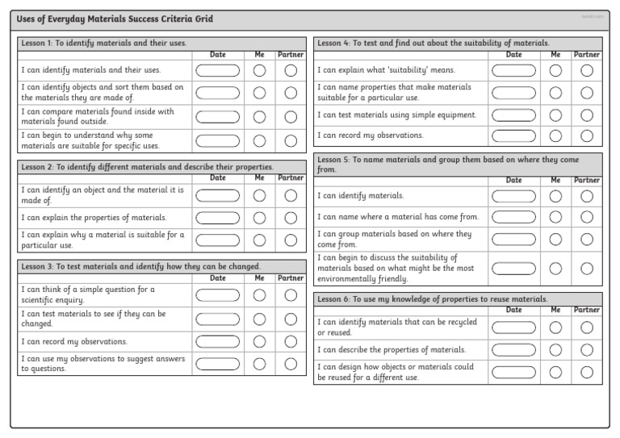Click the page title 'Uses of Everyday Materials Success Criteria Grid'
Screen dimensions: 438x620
pyautogui.click(x=115, y=19)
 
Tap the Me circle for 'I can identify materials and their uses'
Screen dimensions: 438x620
pyautogui.click(x=259, y=70)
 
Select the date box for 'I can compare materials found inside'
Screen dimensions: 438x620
pyautogui.click(x=218, y=117)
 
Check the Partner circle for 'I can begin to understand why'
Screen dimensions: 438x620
pyautogui.click(x=291, y=141)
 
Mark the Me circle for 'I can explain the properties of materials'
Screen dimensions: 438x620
pyautogui.click(x=259, y=218)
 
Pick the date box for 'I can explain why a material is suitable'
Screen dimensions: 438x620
pyautogui.click(x=218, y=240)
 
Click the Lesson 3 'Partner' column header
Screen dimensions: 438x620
pyautogui.click(x=291, y=278)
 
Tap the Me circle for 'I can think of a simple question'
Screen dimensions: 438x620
pyautogui.click(x=259, y=294)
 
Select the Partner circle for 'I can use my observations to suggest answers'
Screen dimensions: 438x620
pyautogui.click(x=291, y=364)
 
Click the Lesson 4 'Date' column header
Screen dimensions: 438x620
pyautogui.click(x=513, y=55)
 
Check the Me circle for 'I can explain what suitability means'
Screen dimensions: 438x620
pyautogui.click(x=555, y=70)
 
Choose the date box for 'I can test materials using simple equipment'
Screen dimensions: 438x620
pyautogui.click(x=513, y=115)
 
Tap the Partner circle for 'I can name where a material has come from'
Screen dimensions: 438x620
pyautogui.click(x=587, y=216)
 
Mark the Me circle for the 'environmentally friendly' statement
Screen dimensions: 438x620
pyautogui.click(x=555, y=269)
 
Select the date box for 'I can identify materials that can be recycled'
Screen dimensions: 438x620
pyautogui.click(x=513, y=327)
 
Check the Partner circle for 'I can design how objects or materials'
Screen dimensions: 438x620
pyautogui.click(x=587, y=372)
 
